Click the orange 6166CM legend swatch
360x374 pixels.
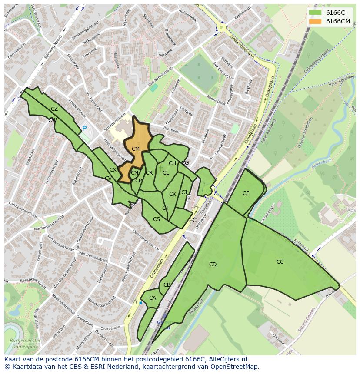315,21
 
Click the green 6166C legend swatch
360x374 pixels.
315,13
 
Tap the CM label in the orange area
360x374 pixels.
136,149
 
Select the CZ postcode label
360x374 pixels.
54,109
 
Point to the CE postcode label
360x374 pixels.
246,193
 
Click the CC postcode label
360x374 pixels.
280,262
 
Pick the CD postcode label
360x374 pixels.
213,265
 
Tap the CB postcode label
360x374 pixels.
167,285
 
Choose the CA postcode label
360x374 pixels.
153,298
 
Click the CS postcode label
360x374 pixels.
157,219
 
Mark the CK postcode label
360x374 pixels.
173,194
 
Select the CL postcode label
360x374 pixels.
166,173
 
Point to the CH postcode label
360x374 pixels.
172,163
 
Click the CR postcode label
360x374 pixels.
149,173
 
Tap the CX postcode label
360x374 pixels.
113,170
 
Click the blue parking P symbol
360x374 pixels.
84,129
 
